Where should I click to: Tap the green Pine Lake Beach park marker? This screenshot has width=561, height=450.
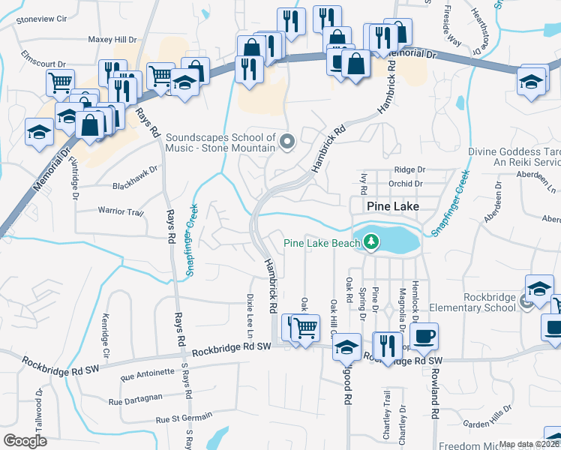pyautogui.click(x=369, y=242)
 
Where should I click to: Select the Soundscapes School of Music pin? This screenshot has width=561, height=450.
pyautogui.click(x=286, y=141)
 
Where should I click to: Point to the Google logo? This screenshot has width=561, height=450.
pyautogui.click(x=25, y=440)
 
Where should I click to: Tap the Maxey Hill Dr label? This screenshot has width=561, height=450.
pyautogui.click(x=112, y=39)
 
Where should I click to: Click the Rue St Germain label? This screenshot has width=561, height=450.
pyautogui.click(x=184, y=420)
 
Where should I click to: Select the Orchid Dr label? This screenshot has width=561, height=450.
pyautogui.click(x=406, y=183)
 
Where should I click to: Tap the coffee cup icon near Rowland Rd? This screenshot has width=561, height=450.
pyautogui.click(x=424, y=335)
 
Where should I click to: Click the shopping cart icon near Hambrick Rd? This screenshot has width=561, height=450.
pyautogui.click(x=304, y=328)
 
